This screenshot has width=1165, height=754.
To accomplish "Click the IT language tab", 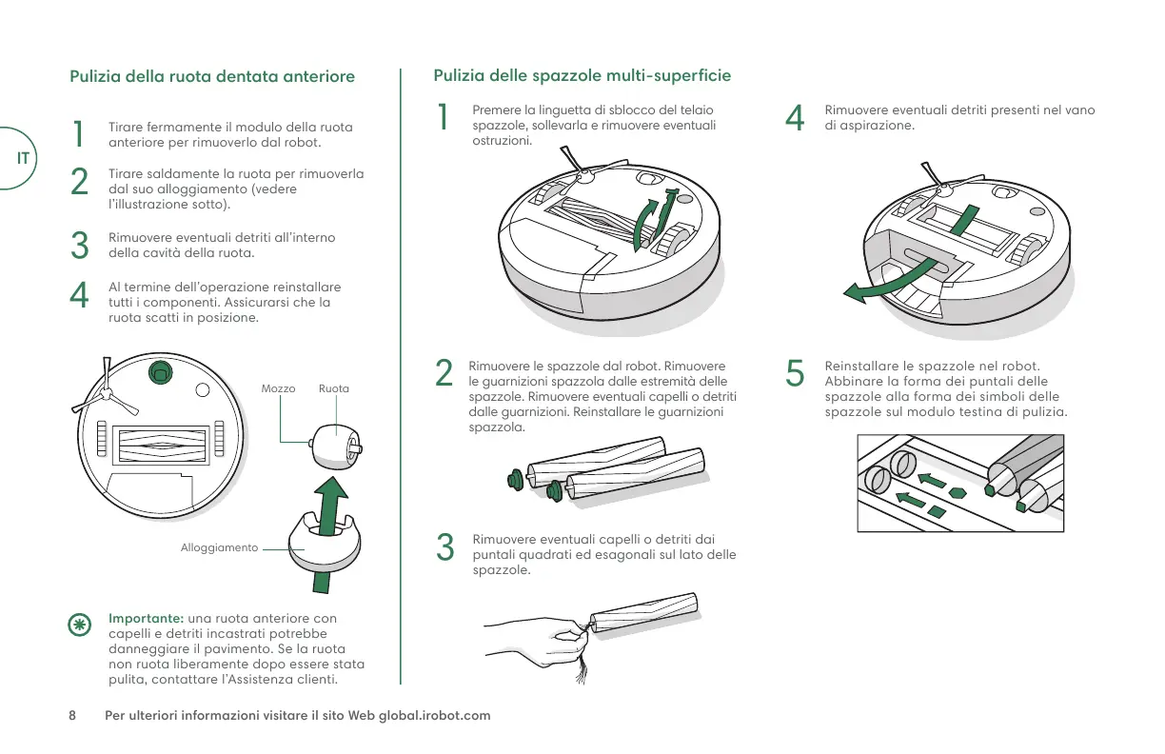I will tap(23, 157).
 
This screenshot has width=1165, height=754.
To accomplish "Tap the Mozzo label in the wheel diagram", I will tap(278, 388).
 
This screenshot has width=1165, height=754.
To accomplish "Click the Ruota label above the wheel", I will tap(334, 388).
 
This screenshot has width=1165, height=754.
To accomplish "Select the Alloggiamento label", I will tap(219, 548).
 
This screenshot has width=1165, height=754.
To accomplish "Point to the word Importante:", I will tap(146, 619).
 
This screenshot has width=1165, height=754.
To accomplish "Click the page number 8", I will tap(72, 715).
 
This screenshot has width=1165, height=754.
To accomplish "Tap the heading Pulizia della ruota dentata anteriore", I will tap(212, 76).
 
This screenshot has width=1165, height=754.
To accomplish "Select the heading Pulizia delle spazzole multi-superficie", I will tap(582, 75).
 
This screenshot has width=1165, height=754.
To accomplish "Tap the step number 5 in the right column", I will tap(796, 374).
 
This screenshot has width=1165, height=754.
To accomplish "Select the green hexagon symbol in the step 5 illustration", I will tap(958, 492).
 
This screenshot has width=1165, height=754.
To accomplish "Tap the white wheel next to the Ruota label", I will tap(336, 446).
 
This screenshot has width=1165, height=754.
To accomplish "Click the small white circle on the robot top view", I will tap(202, 388).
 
